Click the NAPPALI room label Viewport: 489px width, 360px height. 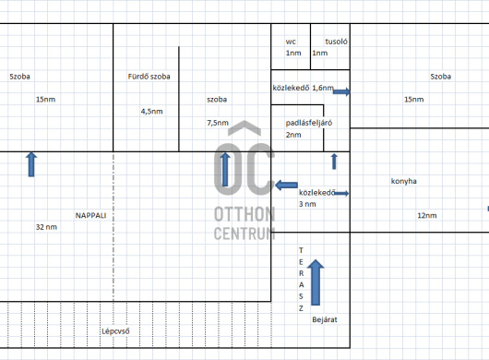click(90, 216)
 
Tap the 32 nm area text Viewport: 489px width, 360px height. click(46, 227)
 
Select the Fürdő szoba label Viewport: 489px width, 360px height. click(149, 77)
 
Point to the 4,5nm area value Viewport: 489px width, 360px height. click(152, 112)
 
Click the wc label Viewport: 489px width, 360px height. click(291, 42)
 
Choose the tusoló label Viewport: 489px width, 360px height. click(336, 42)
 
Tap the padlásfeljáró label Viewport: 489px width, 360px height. click(309, 123)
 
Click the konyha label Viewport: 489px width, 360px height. click(404, 181)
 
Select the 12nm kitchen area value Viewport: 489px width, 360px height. click(427, 216)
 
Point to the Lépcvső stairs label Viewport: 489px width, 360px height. click(115, 331)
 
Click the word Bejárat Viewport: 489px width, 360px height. click(325, 319)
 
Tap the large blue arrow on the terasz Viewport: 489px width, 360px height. click(316, 282)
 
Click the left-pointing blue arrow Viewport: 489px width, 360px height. click(286, 185)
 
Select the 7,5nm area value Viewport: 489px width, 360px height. click(218, 123)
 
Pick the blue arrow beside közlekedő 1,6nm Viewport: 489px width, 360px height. click(341, 91)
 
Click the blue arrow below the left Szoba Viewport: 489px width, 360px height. click(31, 164)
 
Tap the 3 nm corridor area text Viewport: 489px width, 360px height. click(307, 204)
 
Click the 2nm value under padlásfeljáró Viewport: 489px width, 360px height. click(293, 135)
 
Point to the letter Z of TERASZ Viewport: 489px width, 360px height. click(301, 308)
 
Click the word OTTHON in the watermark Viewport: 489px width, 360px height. click(244, 214)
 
